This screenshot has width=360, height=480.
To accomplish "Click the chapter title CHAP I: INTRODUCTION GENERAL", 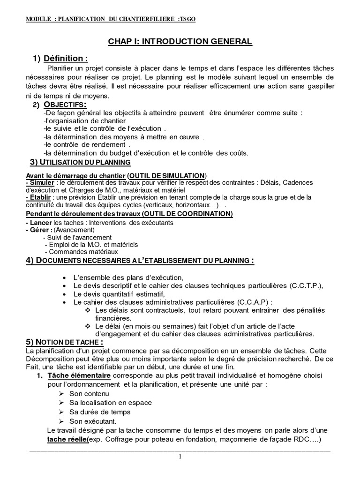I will pos(180,42).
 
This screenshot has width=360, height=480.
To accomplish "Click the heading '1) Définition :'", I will pos(60,59).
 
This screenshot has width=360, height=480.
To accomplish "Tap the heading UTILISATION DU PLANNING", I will pos(80,162).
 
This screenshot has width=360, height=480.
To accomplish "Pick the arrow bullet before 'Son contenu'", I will pos(61,394).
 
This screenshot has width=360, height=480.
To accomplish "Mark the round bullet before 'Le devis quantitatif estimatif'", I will pos(64,294).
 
